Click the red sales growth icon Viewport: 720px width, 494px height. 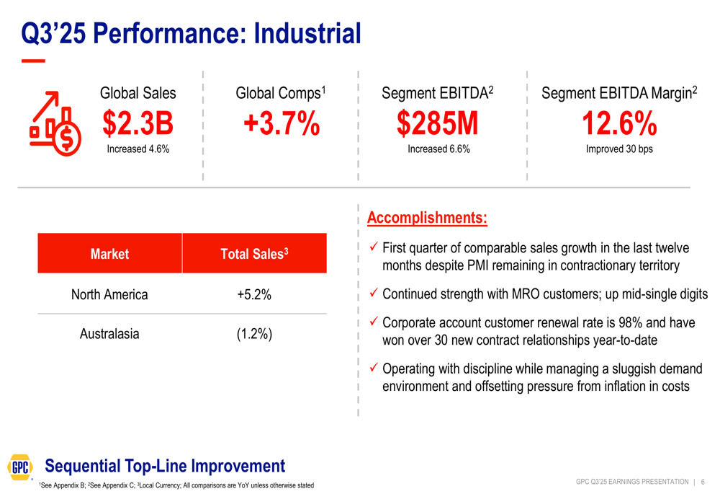[55, 123]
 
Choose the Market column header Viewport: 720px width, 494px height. [109, 254]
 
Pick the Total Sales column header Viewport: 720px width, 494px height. [254, 254]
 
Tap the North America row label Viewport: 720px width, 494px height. [109, 294]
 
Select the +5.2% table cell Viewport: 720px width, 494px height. [254, 294]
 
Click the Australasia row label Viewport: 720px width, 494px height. [109, 334]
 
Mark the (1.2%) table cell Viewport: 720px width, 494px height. [254, 335]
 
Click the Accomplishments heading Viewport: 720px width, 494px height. [427, 218]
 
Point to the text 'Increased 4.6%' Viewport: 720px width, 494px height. [138, 149]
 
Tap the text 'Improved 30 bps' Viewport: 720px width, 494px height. [619, 149]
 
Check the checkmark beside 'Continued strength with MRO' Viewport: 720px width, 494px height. [373, 294]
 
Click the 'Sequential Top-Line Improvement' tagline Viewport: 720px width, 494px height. [165, 466]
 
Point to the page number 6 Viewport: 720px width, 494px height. [703, 482]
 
